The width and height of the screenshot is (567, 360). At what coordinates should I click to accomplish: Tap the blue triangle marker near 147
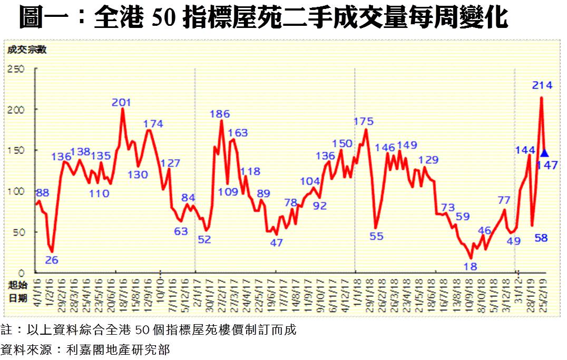coord(544,153)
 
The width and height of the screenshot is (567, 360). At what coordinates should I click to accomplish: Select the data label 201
coord(121,102)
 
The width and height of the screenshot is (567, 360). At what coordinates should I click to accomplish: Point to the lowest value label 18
coord(470,266)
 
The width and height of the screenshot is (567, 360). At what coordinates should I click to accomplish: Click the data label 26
coord(52,259)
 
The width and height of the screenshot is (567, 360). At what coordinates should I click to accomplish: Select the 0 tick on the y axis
coord(22,273)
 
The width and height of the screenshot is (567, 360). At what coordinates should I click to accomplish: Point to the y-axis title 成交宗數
coord(26,50)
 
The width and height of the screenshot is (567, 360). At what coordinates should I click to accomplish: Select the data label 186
coord(220,113)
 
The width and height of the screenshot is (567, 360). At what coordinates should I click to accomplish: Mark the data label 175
coord(363,121)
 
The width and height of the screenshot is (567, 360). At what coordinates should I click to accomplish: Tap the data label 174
coord(153,124)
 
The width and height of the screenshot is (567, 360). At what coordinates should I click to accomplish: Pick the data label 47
coord(277,243)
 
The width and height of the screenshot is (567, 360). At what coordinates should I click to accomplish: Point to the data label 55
coord(376,236)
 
